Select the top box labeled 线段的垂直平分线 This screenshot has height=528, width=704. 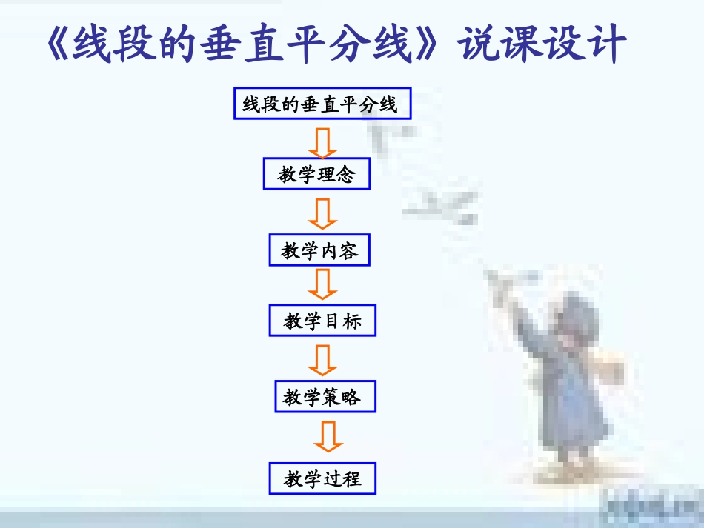322,104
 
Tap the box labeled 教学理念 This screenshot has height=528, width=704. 316,175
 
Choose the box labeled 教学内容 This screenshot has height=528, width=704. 319,252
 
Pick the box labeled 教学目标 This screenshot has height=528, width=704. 322,321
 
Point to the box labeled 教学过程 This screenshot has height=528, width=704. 322,479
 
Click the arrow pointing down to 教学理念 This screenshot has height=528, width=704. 323,143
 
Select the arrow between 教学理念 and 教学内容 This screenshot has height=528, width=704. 323,215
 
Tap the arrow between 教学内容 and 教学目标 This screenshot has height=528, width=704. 323,284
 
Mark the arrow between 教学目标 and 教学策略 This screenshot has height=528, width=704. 323,361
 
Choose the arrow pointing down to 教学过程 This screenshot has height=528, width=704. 327,437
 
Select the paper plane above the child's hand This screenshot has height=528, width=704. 511,282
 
